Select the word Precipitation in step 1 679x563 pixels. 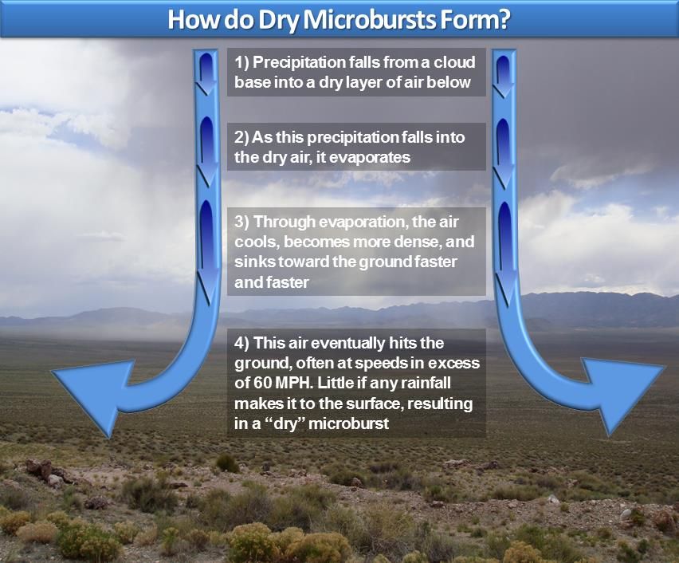300,62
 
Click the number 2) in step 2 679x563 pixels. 241,138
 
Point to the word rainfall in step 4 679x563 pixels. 426,383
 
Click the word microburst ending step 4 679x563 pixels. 348,423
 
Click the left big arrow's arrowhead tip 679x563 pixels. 108,437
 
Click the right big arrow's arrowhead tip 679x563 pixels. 610,436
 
